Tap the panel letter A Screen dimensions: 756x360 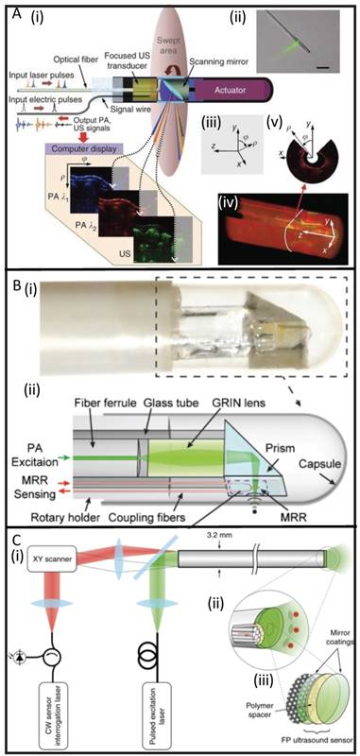tap(9, 11)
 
